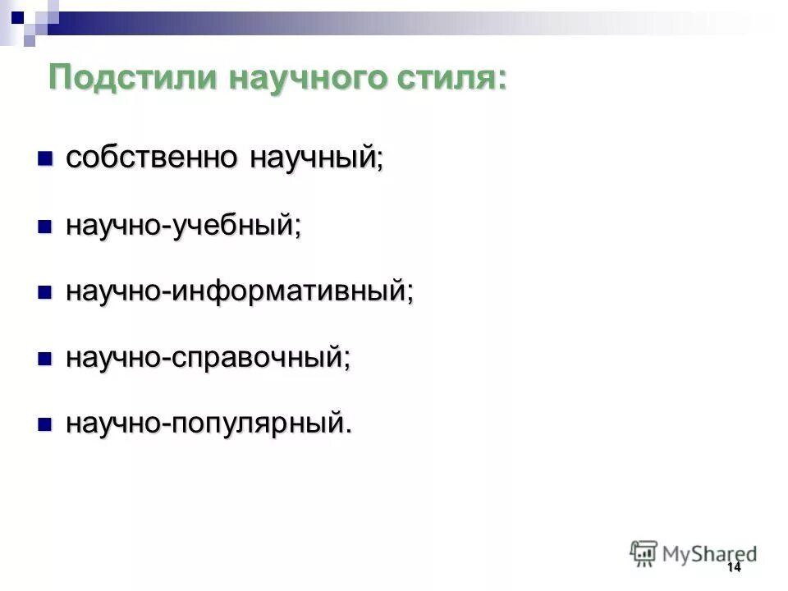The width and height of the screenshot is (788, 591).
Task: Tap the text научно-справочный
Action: coord(207,358)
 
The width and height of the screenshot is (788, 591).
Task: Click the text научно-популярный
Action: coord(207,424)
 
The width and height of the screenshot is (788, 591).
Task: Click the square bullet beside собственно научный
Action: coord(45,158)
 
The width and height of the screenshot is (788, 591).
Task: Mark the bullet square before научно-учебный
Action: coord(45,225)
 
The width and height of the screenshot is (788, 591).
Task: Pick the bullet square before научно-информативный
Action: coord(45,291)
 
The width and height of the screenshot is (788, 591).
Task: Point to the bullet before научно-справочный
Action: coord(45,358)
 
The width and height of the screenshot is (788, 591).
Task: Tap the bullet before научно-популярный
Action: coord(45,424)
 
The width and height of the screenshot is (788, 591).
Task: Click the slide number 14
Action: coord(734,568)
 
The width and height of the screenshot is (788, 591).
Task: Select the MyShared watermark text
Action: coord(709,553)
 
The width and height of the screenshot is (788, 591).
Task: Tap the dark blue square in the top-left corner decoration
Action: coord(17,14)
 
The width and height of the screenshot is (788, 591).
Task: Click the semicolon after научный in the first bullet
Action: coord(379,161)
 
